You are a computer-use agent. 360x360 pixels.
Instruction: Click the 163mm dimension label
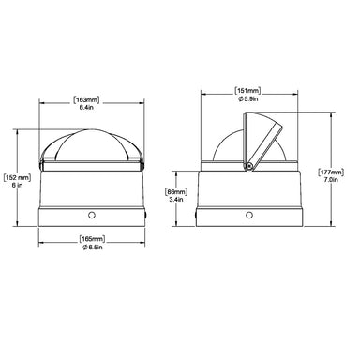86,100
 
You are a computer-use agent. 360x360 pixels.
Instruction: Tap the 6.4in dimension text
86,108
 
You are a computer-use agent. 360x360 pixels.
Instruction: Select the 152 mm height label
17,178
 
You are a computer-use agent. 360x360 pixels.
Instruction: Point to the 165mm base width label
92,239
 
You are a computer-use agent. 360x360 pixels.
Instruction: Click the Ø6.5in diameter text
93,247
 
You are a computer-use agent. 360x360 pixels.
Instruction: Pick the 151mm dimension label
247,91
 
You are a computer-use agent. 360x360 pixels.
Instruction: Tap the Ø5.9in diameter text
248,98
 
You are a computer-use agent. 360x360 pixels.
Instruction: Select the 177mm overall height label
331,172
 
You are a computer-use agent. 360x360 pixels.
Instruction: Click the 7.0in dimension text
331,180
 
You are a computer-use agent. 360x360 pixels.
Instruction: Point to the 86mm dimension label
176,191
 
